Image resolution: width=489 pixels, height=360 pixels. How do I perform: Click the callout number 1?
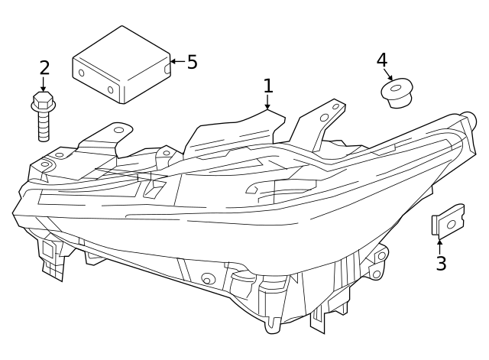tap(268, 86)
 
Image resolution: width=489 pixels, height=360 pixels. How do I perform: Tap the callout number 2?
tap(44, 68)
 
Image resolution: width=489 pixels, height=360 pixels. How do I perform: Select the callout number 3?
tap(441, 263)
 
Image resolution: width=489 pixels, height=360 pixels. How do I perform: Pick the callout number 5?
tap(193, 62)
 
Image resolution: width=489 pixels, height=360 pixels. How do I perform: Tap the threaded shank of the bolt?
tap(44, 125)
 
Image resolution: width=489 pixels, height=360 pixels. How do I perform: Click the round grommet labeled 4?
tap(397, 92)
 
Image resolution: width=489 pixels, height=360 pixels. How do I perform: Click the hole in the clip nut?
tap(452, 224)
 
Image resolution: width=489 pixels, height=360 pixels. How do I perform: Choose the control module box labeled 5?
tap(121, 64)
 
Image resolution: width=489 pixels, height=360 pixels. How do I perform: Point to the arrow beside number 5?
tap(178, 61)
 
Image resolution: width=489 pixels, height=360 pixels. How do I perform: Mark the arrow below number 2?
tap(43, 84)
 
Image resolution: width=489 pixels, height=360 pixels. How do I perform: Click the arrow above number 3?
tap(440, 247)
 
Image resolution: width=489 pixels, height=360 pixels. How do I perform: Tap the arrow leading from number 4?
tap(388, 74)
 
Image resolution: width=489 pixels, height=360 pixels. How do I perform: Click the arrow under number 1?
tap(267, 102)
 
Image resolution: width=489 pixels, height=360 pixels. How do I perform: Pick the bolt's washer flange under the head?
tap(44, 107)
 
